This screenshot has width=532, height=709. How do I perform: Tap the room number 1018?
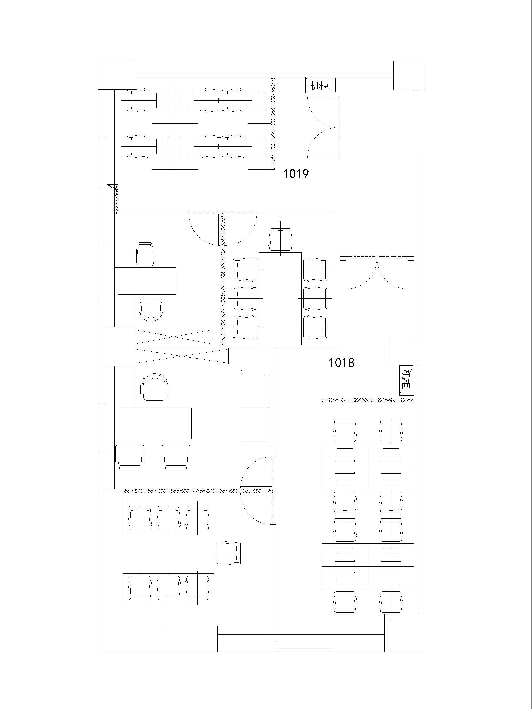coord(342,363)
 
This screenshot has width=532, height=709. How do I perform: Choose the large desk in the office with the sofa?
coord(155,423)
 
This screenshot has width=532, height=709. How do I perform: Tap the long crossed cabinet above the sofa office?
coord(182,356)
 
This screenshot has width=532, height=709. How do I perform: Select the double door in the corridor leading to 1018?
coord(377,273)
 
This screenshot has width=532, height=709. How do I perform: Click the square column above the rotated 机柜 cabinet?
coord(405,351)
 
